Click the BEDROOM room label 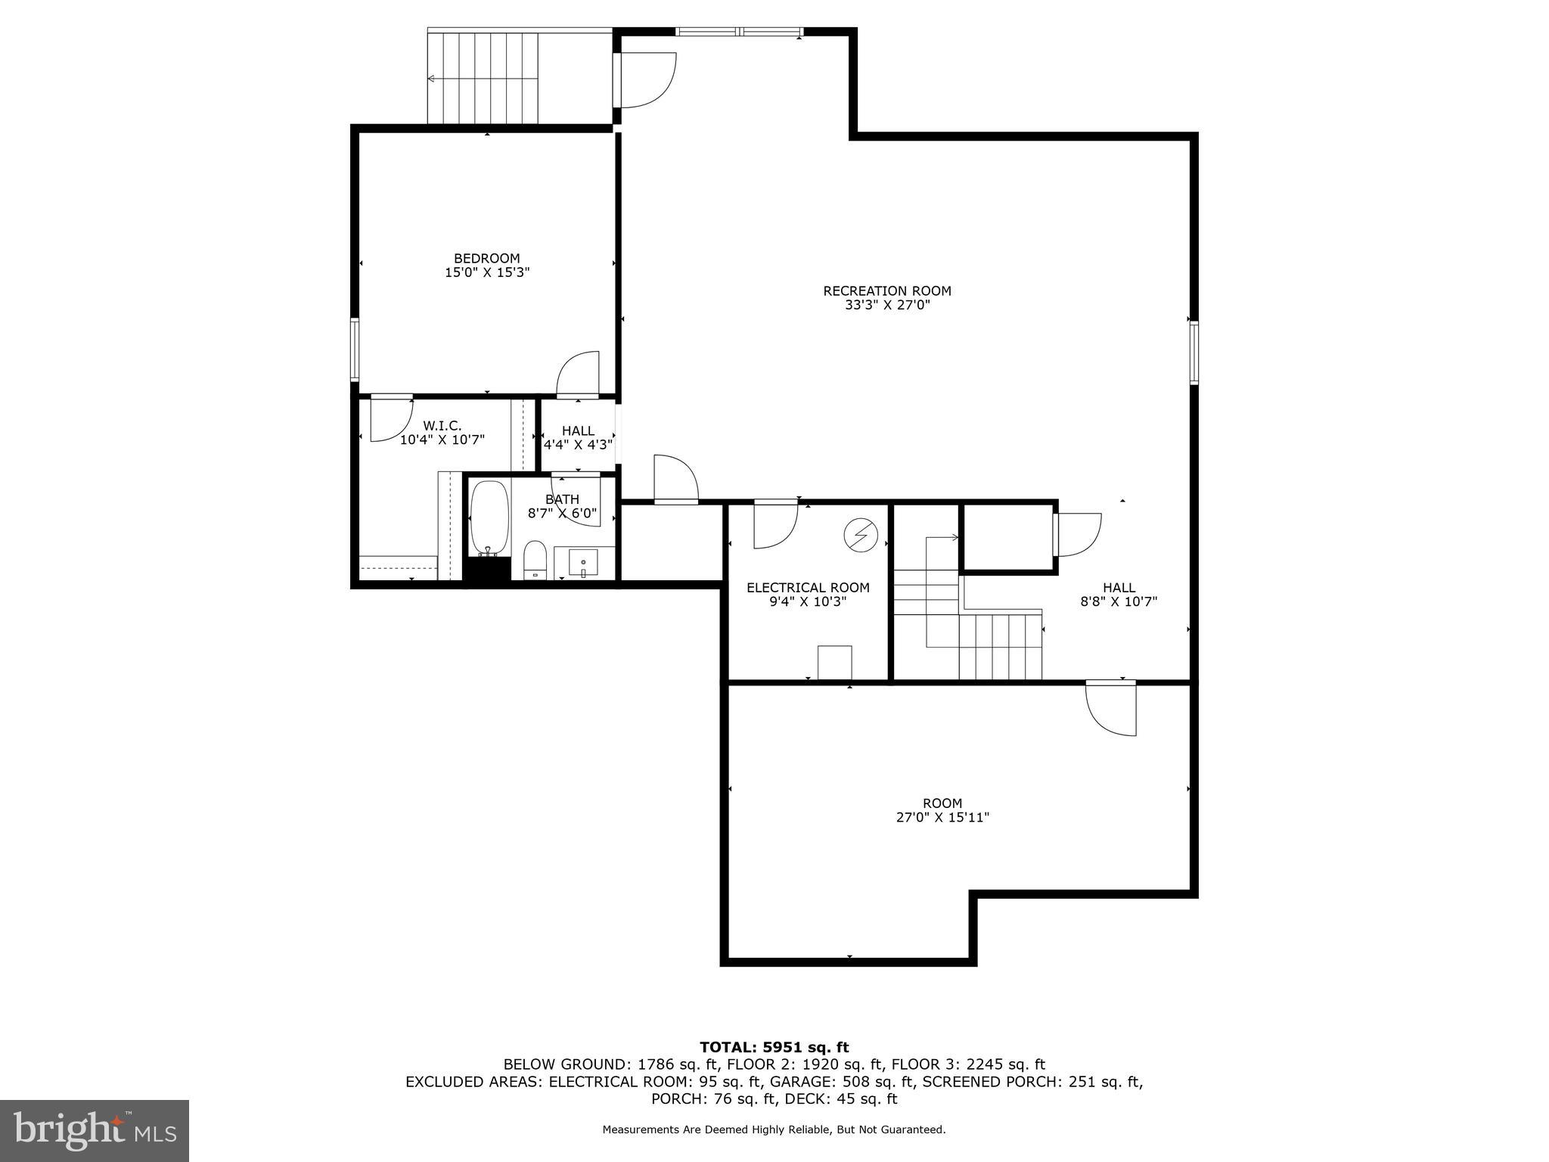[486, 258]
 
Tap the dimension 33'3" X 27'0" [887, 306]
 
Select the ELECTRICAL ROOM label [808, 587]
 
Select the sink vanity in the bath [583, 561]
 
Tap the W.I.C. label [442, 425]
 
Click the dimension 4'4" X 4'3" [578, 445]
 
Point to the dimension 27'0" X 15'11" [942, 817]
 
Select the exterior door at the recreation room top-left [647, 79]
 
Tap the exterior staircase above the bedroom [483, 78]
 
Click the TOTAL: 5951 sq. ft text [774, 1047]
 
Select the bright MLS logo [95, 1130]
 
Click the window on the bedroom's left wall [354, 349]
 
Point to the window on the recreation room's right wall [1194, 353]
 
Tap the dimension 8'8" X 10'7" [1119, 602]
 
